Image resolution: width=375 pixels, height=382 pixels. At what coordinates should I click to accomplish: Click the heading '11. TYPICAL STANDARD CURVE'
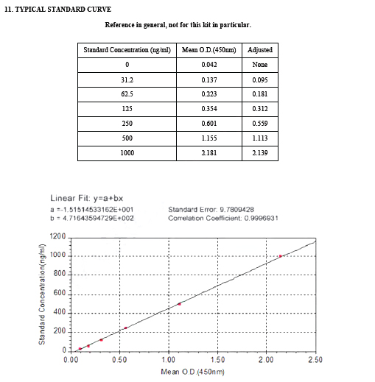58,9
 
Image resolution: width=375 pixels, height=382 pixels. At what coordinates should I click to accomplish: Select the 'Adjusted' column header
260,50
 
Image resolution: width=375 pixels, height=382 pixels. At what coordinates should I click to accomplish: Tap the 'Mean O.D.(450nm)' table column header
208,50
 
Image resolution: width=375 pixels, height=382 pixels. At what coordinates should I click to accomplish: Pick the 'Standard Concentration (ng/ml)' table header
127,50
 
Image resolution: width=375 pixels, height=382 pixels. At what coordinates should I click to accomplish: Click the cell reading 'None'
260,65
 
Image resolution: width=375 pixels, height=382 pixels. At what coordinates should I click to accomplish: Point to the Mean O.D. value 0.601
208,123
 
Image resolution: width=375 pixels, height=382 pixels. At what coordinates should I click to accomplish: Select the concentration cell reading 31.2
127,79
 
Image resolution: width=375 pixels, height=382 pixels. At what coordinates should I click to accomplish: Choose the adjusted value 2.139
260,152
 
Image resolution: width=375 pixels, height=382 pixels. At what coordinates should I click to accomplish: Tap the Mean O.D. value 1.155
208,138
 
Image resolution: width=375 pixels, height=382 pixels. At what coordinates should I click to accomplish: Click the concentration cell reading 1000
127,152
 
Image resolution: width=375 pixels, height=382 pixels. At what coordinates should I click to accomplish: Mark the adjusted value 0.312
260,109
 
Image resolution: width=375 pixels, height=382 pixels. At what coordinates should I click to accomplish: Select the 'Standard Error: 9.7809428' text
211,209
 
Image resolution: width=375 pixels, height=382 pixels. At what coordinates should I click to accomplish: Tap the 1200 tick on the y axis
57,236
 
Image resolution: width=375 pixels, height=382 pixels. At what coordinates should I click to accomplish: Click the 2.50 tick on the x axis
315,360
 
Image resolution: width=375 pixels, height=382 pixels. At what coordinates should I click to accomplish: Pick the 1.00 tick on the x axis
169,360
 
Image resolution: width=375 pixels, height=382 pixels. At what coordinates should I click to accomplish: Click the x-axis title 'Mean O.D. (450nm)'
192,371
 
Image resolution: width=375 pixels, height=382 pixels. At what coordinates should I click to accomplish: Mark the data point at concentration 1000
281,256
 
